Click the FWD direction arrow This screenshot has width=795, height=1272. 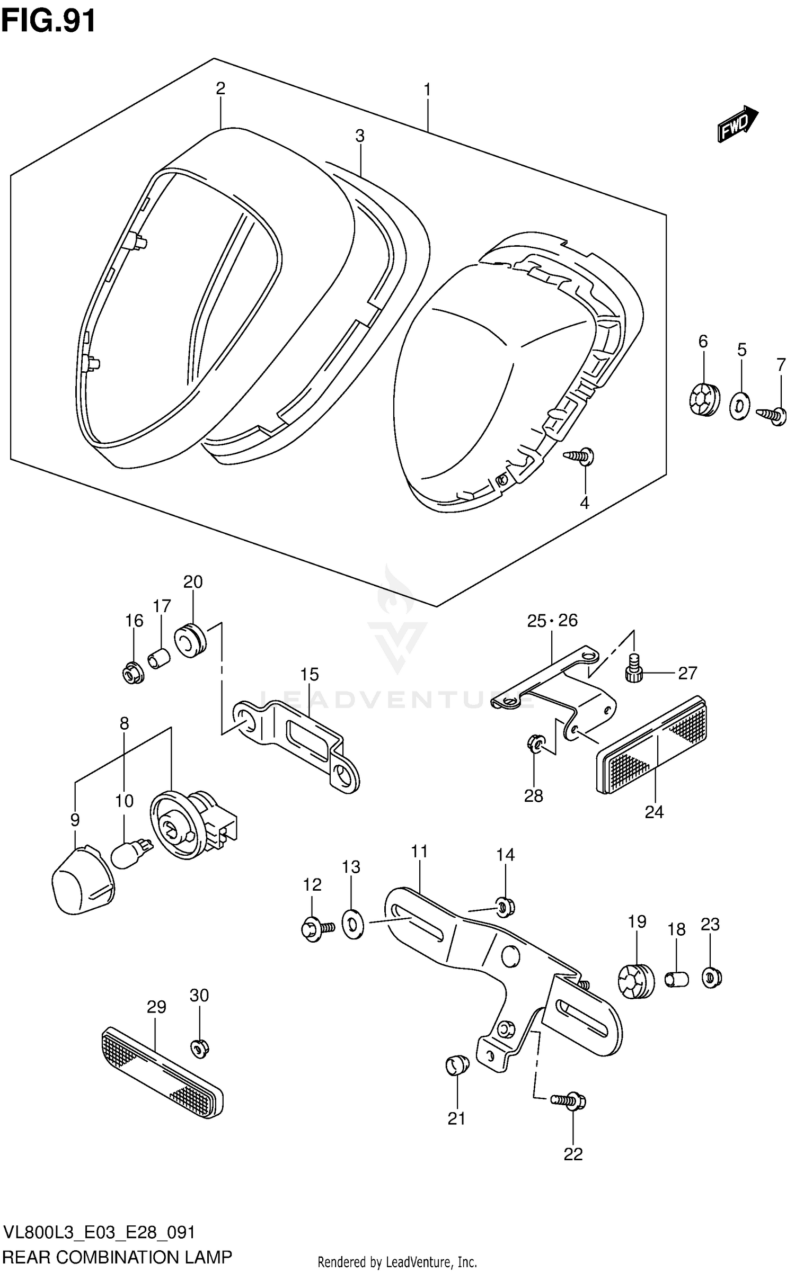tap(737, 123)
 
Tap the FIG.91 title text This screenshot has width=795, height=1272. tap(49, 21)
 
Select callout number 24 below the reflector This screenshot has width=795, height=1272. tap(653, 812)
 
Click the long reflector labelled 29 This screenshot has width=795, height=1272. tap(162, 1072)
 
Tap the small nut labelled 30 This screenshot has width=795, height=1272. tap(199, 1046)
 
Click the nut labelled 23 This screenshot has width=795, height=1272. tap(711, 978)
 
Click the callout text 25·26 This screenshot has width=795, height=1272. tap(552, 620)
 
